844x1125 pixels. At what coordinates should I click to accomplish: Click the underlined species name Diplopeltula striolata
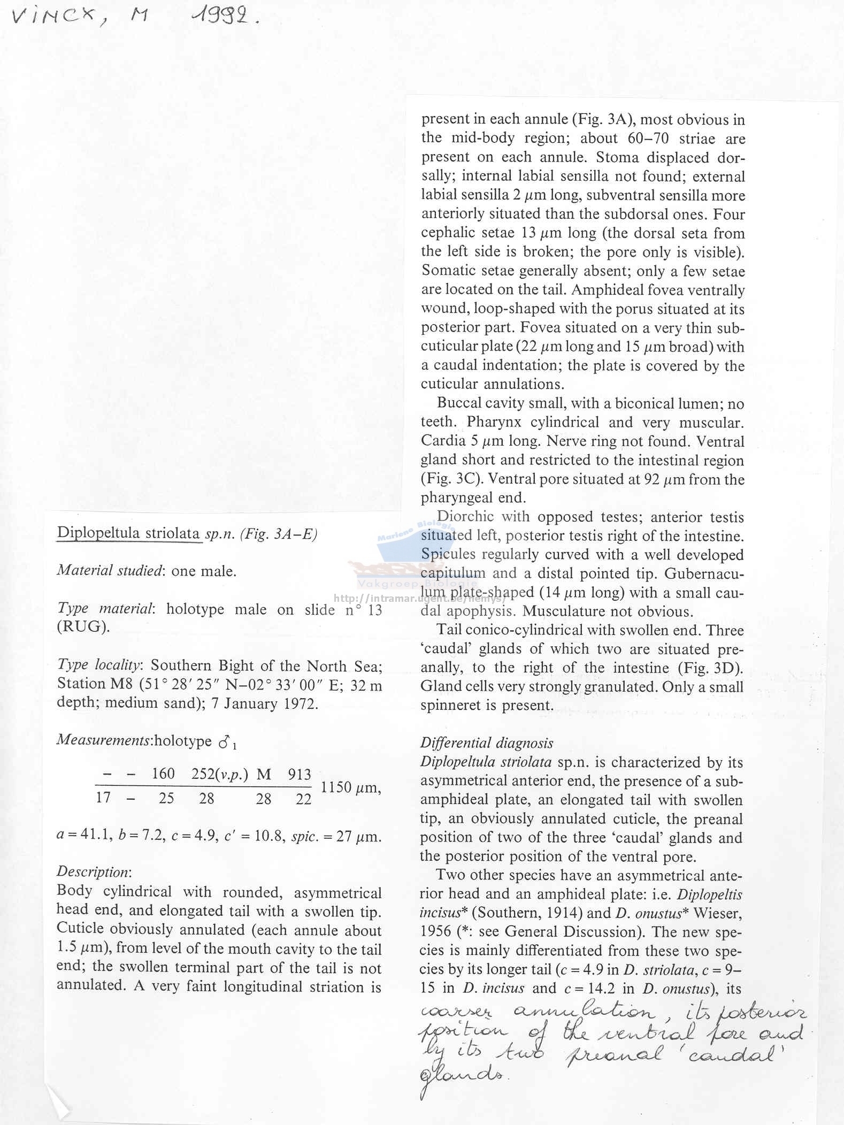coord(129,533)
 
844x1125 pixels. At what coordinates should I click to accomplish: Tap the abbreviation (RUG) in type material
coord(83,627)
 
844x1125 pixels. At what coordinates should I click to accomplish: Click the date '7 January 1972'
coord(265,703)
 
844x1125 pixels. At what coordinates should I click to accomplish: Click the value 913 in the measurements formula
coord(299,774)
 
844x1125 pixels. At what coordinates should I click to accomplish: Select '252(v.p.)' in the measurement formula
coord(219,774)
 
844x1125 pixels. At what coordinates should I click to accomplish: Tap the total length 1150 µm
coord(350,787)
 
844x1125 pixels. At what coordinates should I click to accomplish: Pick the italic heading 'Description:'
coord(94,871)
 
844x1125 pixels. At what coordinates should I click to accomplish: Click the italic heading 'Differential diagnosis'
coord(486,743)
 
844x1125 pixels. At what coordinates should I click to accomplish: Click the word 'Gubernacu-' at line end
coord(704,573)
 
